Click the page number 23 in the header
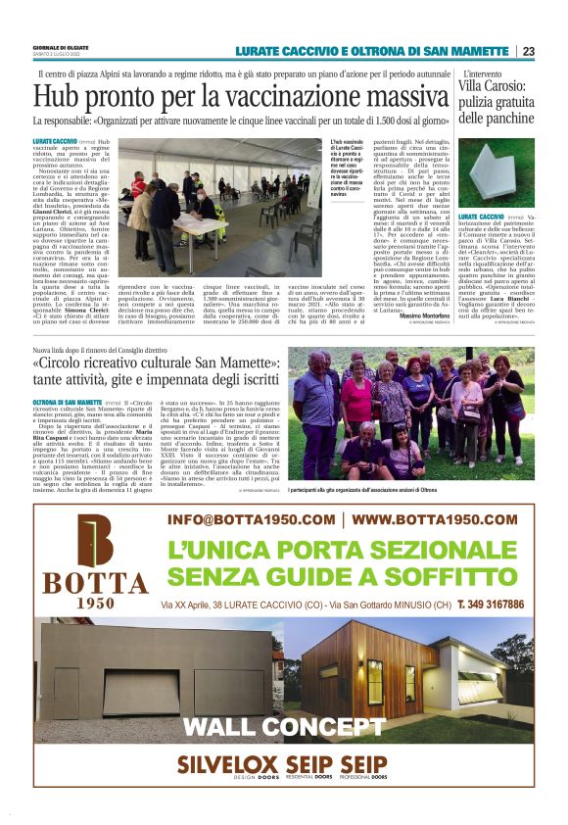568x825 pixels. coord(529,51)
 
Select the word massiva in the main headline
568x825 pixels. coord(386,97)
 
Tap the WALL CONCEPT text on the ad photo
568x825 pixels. coord(283,727)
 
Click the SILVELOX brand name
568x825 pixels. coord(218,764)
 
